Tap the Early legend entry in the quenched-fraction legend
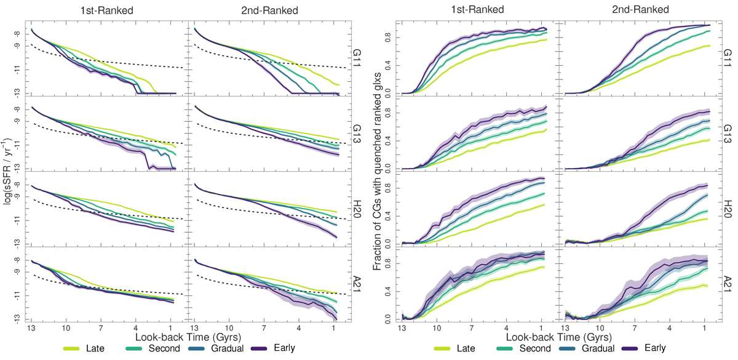654,349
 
